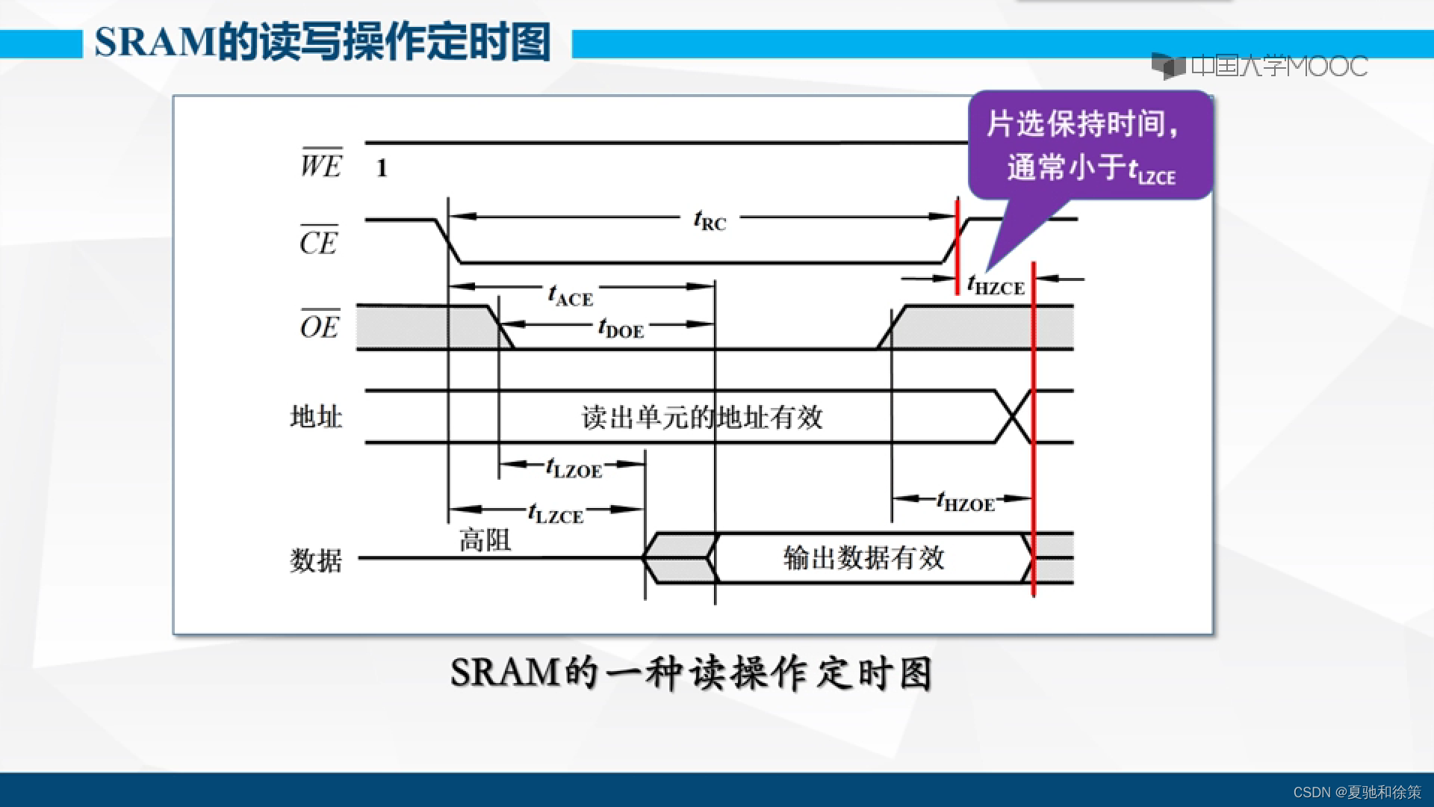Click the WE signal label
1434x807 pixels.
(x=321, y=164)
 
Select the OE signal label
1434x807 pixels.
(x=320, y=326)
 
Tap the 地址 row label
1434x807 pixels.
(x=316, y=416)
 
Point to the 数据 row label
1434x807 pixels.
(x=316, y=560)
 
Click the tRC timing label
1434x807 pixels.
(x=710, y=221)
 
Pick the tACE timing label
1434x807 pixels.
(x=571, y=297)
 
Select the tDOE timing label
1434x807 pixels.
(x=621, y=328)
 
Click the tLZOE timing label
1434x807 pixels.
(x=574, y=469)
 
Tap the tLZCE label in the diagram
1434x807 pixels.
(x=555, y=514)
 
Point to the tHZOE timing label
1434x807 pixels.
(x=966, y=502)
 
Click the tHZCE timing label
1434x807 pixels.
(x=996, y=285)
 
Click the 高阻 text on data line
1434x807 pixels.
(x=485, y=539)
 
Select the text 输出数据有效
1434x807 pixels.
(x=863, y=557)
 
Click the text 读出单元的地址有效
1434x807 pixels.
(x=702, y=417)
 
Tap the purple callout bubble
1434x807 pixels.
(x=1090, y=146)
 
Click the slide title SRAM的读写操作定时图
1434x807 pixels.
(x=323, y=42)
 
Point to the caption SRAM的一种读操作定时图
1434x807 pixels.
(x=691, y=672)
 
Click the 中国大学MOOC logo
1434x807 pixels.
(x=1259, y=67)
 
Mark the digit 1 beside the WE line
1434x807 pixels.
(x=382, y=168)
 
